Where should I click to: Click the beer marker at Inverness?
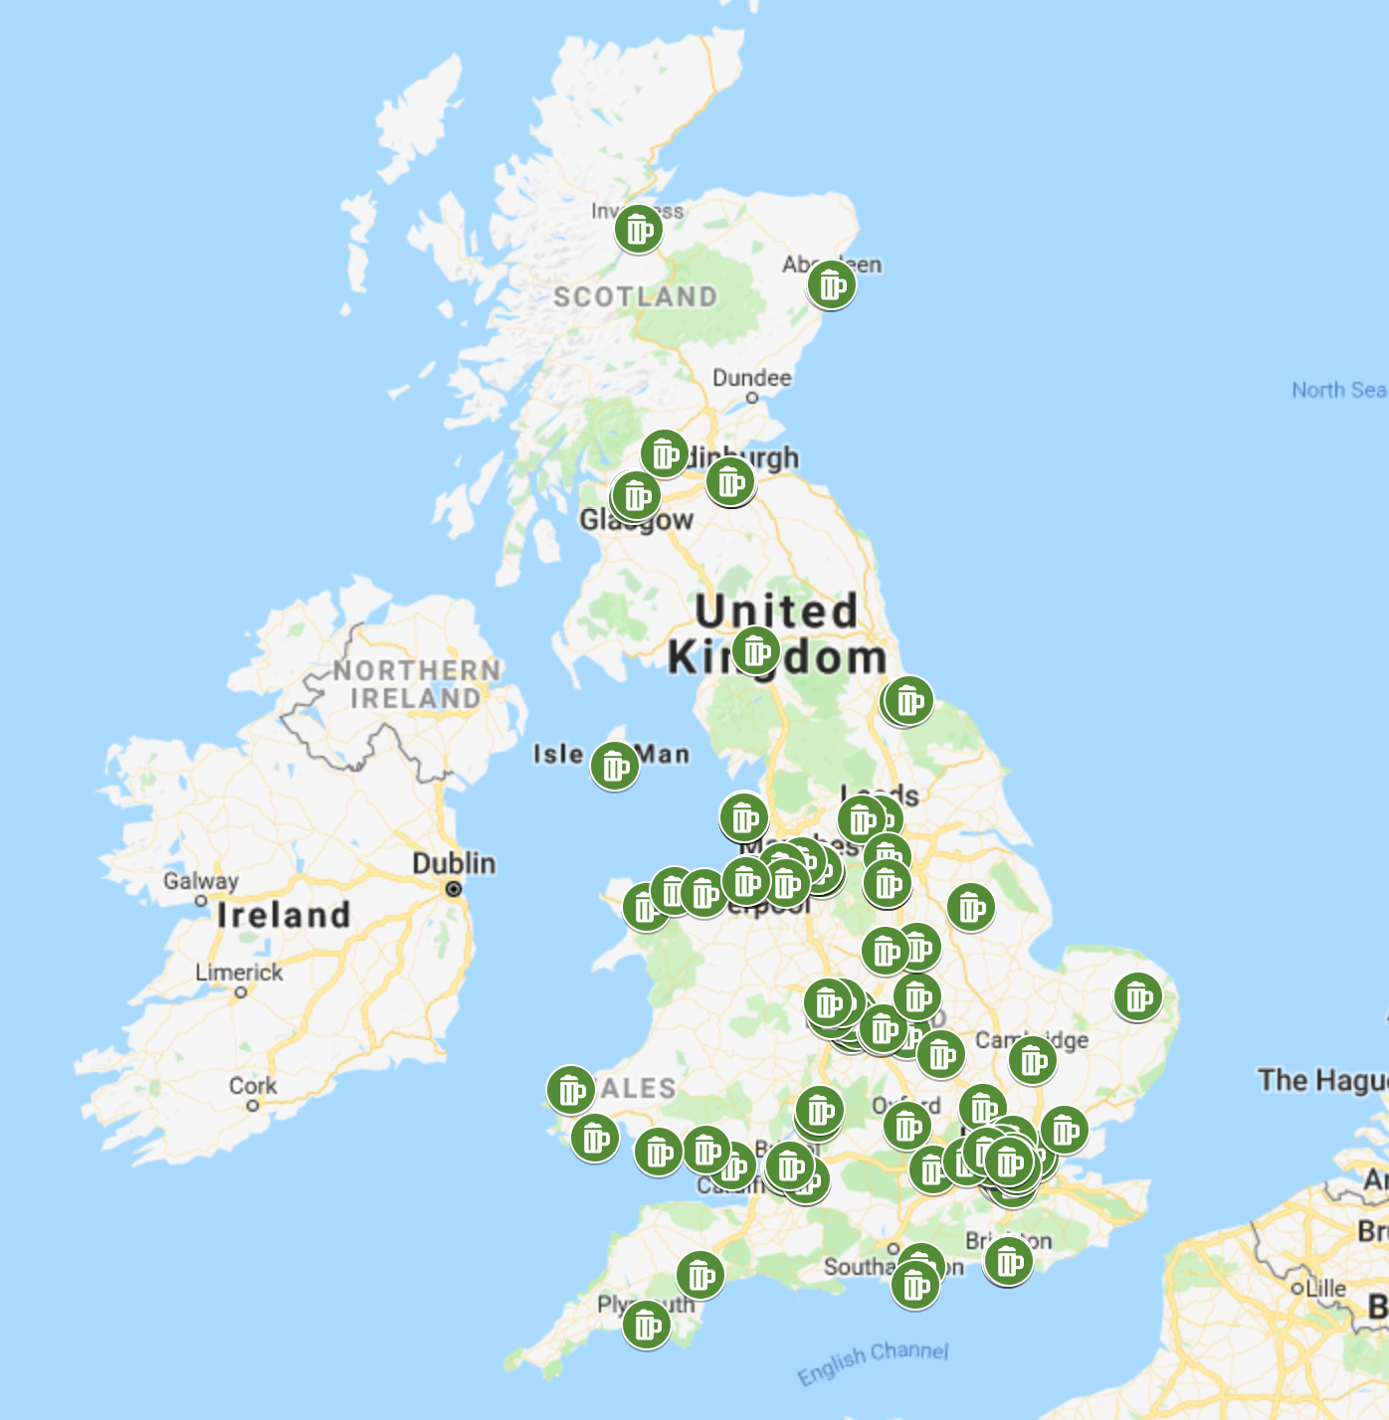(638, 230)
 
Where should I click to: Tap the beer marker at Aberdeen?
(831, 284)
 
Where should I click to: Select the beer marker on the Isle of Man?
(614, 766)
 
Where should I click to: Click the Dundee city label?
(752, 378)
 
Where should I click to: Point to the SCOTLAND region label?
(635, 296)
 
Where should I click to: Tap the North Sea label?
(1338, 390)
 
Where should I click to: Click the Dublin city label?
(454, 863)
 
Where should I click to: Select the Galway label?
(201, 881)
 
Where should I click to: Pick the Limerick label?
(239, 973)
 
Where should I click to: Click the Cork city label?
(253, 1086)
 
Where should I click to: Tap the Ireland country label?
(284, 915)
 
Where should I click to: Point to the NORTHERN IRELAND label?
(416, 684)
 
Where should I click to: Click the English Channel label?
(873, 1361)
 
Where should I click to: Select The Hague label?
(1321, 1080)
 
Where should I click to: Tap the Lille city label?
(1324, 1288)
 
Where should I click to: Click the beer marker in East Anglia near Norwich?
(1137, 996)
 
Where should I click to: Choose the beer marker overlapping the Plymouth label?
(646, 1325)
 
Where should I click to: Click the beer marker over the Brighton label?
(1008, 1261)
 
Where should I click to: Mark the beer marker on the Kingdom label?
(755, 651)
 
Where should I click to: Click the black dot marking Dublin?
(454, 889)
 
